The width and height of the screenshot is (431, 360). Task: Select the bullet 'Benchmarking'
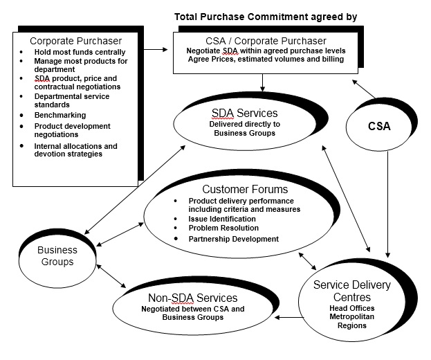point(61,115)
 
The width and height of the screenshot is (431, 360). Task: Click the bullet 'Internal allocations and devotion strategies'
point(75,150)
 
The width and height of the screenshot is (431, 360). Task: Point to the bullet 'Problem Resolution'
point(214,228)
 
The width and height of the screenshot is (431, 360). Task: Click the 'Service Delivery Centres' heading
point(351,291)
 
